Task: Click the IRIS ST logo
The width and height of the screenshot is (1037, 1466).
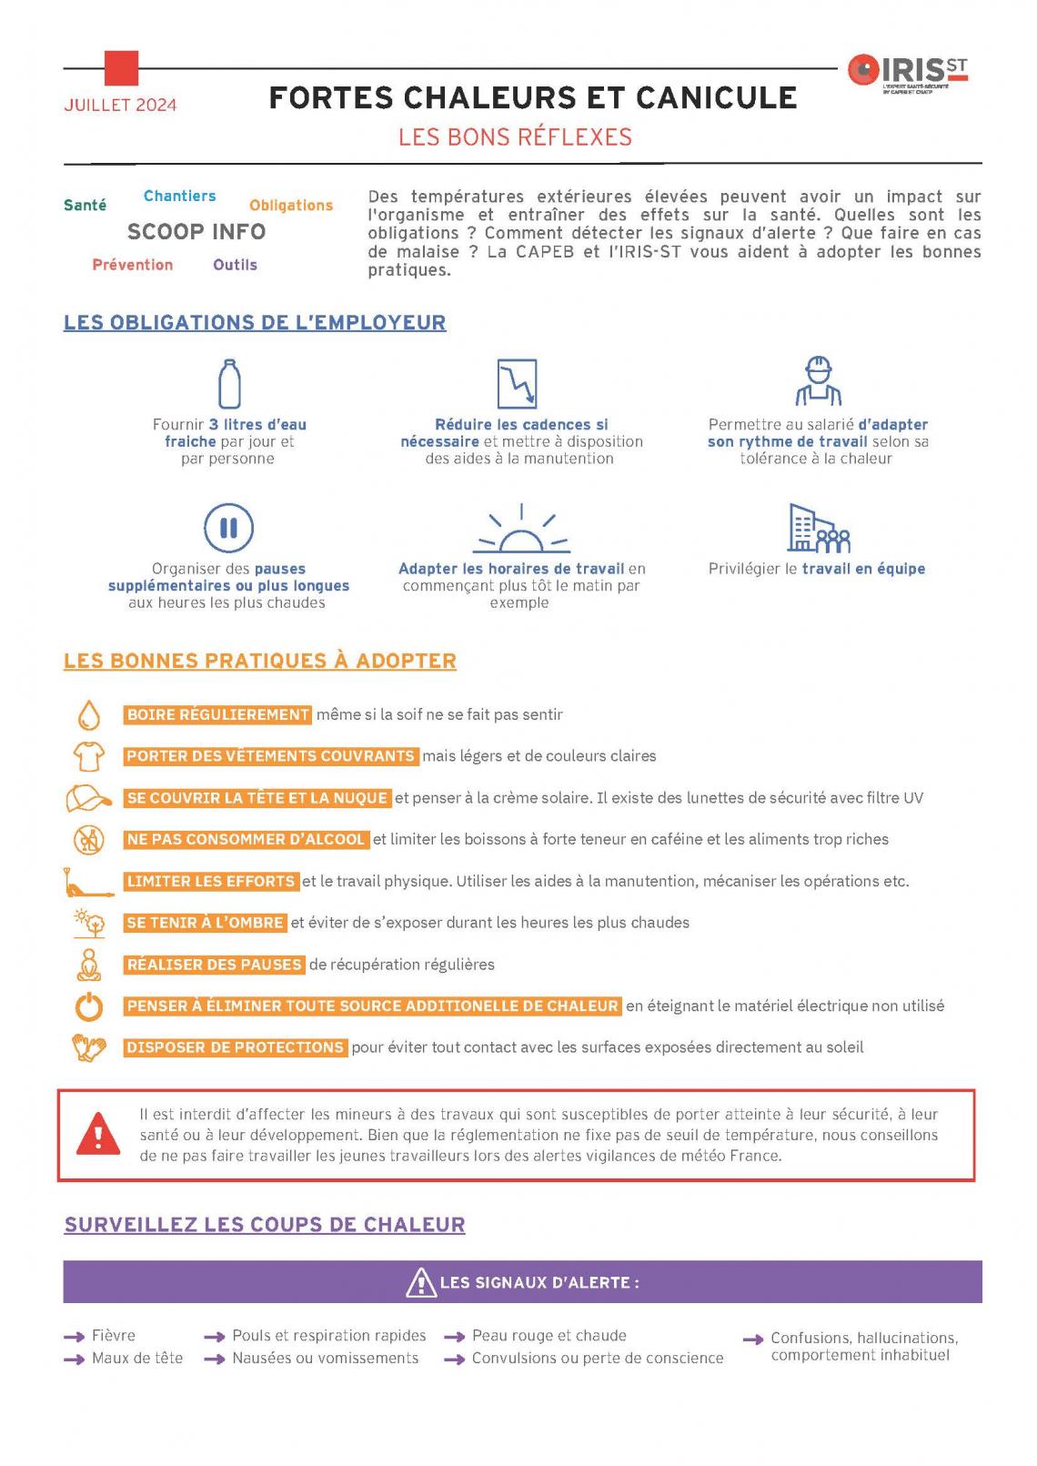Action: click(x=908, y=73)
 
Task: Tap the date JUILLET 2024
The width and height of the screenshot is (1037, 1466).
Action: click(x=120, y=105)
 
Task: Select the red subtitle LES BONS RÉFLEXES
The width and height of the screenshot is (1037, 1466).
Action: click(x=515, y=137)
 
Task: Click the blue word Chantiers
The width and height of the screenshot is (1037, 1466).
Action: click(x=179, y=196)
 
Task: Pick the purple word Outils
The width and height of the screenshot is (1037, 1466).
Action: click(x=235, y=265)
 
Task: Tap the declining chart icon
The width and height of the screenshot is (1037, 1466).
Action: click(x=517, y=383)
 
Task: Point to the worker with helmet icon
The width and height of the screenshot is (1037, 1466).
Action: click(x=818, y=381)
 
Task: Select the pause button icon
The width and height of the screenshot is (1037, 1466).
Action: click(x=228, y=528)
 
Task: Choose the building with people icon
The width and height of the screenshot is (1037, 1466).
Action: click(x=818, y=529)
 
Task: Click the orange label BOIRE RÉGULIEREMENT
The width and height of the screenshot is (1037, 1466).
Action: click(x=217, y=715)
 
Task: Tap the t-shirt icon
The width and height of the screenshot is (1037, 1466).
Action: click(x=88, y=755)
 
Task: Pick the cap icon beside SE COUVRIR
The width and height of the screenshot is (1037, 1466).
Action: click(x=88, y=798)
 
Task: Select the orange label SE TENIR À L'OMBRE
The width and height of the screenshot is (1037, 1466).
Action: click(x=206, y=923)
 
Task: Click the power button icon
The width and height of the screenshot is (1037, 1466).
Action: click(x=88, y=1006)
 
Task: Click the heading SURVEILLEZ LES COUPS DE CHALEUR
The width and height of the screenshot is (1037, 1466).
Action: click(x=264, y=1225)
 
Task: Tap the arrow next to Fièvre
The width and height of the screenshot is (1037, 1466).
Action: click(x=74, y=1337)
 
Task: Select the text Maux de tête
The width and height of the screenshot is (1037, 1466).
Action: click(x=137, y=1359)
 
